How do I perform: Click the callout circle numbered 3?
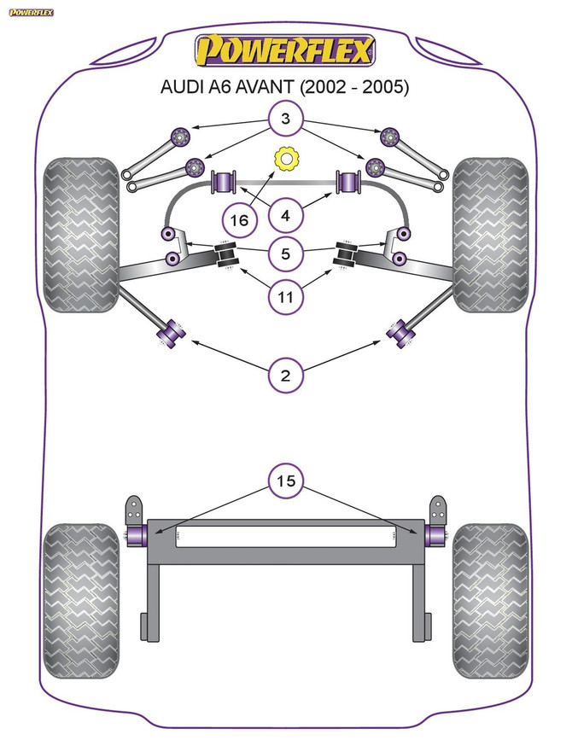click(x=286, y=119)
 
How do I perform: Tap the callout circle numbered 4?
click(x=286, y=217)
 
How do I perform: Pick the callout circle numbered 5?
click(x=286, y=253)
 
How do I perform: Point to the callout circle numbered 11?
click(x=286, y=297)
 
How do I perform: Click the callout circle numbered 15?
click(x=286, y=481)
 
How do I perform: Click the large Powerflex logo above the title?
click(x=286, y=50)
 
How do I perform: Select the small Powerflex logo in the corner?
click(x=31, y=12)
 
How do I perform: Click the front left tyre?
click(x=79, y=235)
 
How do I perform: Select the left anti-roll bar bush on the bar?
click(x=224, y=182)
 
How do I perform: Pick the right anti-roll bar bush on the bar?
click(x=348, y=182)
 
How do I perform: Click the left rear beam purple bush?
click(x=136, y=535)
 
